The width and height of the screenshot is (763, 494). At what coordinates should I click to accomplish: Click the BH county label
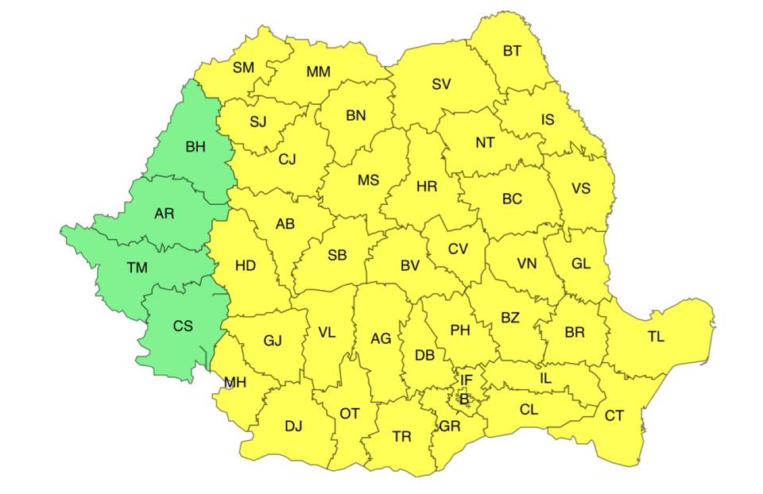pos(195,147)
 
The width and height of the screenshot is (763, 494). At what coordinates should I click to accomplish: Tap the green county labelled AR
pos(165,214)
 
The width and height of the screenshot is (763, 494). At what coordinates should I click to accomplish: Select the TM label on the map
pos(137,268)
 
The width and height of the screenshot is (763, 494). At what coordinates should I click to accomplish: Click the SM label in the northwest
pos(243,68)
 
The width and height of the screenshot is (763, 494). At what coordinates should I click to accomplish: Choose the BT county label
pos(513,52)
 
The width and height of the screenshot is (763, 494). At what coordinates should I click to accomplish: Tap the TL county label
pos(656,336)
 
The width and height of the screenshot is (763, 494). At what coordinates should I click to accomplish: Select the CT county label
pos(614,415)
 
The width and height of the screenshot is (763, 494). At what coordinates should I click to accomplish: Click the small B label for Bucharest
pos(464,398)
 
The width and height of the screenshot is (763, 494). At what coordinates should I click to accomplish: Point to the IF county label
pos(467,381)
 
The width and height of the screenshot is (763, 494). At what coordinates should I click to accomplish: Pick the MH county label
pos(234,383)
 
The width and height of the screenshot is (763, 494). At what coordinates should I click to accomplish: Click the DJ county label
pos(293,426)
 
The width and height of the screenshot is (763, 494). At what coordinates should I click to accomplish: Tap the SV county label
pos(441,83)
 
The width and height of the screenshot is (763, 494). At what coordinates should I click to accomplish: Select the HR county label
pos(427,187)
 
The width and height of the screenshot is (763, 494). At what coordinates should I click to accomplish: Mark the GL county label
pos(581,264)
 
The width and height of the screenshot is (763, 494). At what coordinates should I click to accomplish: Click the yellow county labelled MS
pos(368,180)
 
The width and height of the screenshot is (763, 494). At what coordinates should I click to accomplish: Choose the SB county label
pos(337,256)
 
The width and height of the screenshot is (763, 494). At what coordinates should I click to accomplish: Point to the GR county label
pos(450,426)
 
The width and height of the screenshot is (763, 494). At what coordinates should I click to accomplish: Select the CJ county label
pos(287,160)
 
